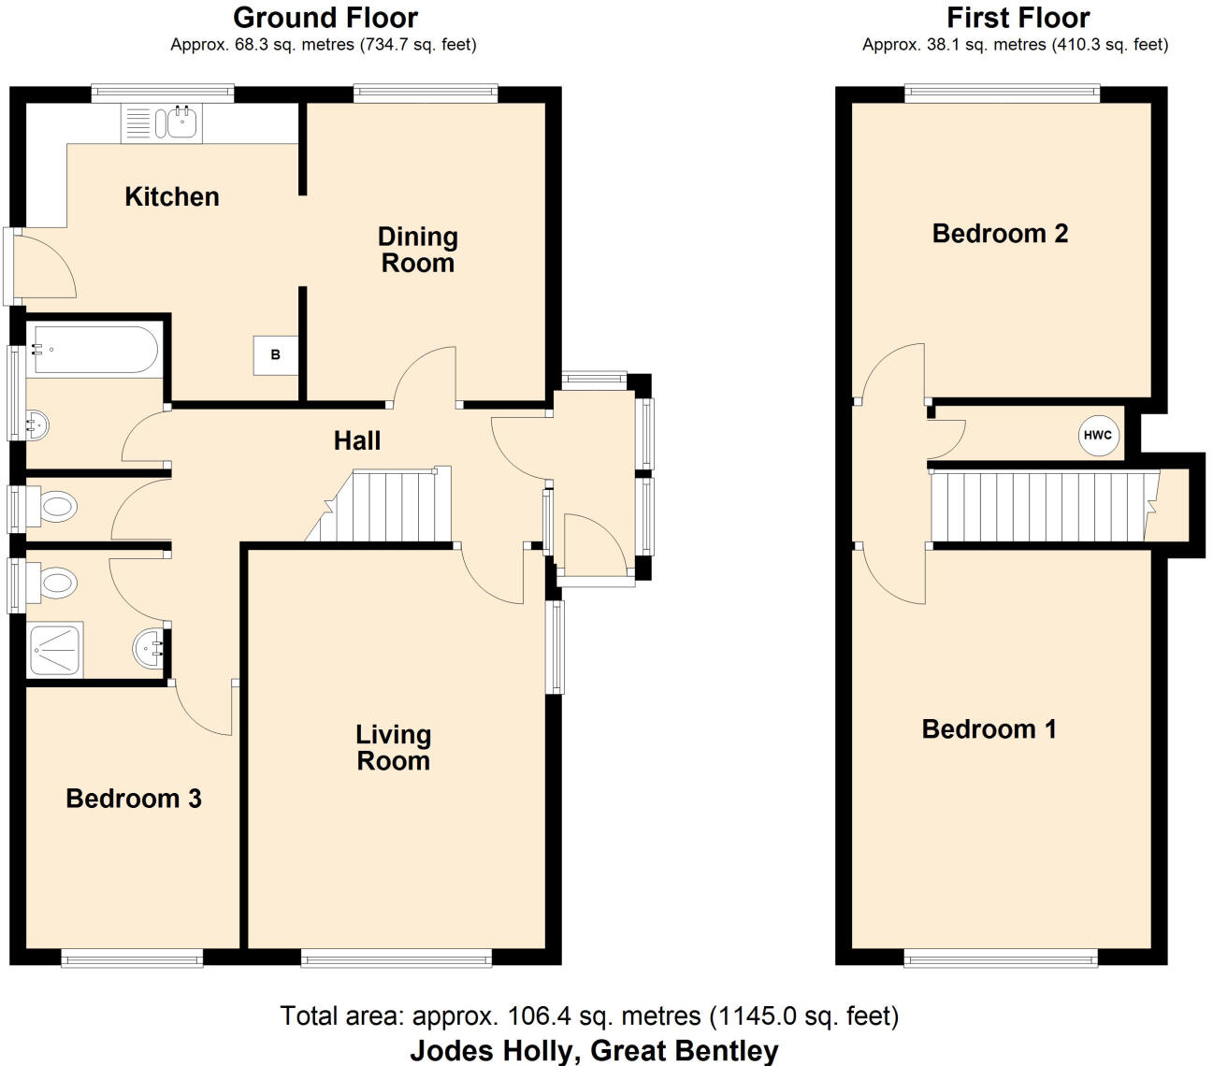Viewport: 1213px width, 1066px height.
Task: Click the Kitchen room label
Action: (172, 197)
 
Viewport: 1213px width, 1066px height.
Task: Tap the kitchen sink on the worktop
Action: (176, 122)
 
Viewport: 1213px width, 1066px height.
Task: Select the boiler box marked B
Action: (275, 354)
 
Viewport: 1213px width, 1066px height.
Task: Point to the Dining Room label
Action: (417, 250)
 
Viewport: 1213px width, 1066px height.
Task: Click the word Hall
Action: (357, 441)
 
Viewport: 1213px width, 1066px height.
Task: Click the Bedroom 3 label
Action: (134, 799)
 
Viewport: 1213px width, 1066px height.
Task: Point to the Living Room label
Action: (393, 748)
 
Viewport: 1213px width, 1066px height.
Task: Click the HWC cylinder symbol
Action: (1098, 435)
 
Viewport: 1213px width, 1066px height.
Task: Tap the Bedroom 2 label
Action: (1000, 234)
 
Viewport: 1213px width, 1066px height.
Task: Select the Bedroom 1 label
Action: (989, 729)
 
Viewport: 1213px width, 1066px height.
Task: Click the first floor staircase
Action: (1038, 507)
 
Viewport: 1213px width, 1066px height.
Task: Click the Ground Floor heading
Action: (325, 18)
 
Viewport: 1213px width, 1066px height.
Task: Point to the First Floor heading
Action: (1018, 18)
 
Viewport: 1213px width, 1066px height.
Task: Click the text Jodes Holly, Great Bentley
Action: (594, 1051)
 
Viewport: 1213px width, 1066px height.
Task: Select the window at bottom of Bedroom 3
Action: (132, 958)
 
